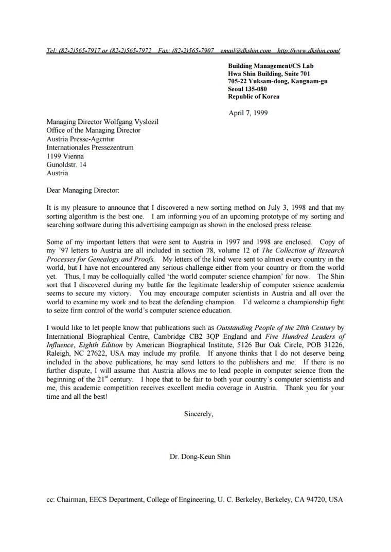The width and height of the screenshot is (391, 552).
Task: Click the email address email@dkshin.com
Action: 245,50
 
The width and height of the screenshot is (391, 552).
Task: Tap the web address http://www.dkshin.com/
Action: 308,50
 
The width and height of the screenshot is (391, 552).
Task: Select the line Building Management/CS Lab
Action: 271,66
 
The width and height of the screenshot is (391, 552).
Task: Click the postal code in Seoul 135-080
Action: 256,89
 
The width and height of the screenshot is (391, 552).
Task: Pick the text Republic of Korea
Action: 254,97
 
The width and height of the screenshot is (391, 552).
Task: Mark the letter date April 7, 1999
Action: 248,113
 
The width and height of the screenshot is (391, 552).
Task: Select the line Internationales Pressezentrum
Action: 90,148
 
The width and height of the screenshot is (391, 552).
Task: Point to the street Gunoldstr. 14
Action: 66,164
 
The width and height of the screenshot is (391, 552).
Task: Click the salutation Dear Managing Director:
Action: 83,190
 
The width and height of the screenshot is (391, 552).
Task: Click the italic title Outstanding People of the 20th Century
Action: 275,327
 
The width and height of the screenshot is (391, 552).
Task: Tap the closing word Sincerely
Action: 198,414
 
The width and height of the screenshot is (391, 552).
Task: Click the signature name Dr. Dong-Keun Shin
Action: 200,456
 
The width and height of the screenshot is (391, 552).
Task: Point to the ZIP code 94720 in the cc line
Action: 314,499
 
